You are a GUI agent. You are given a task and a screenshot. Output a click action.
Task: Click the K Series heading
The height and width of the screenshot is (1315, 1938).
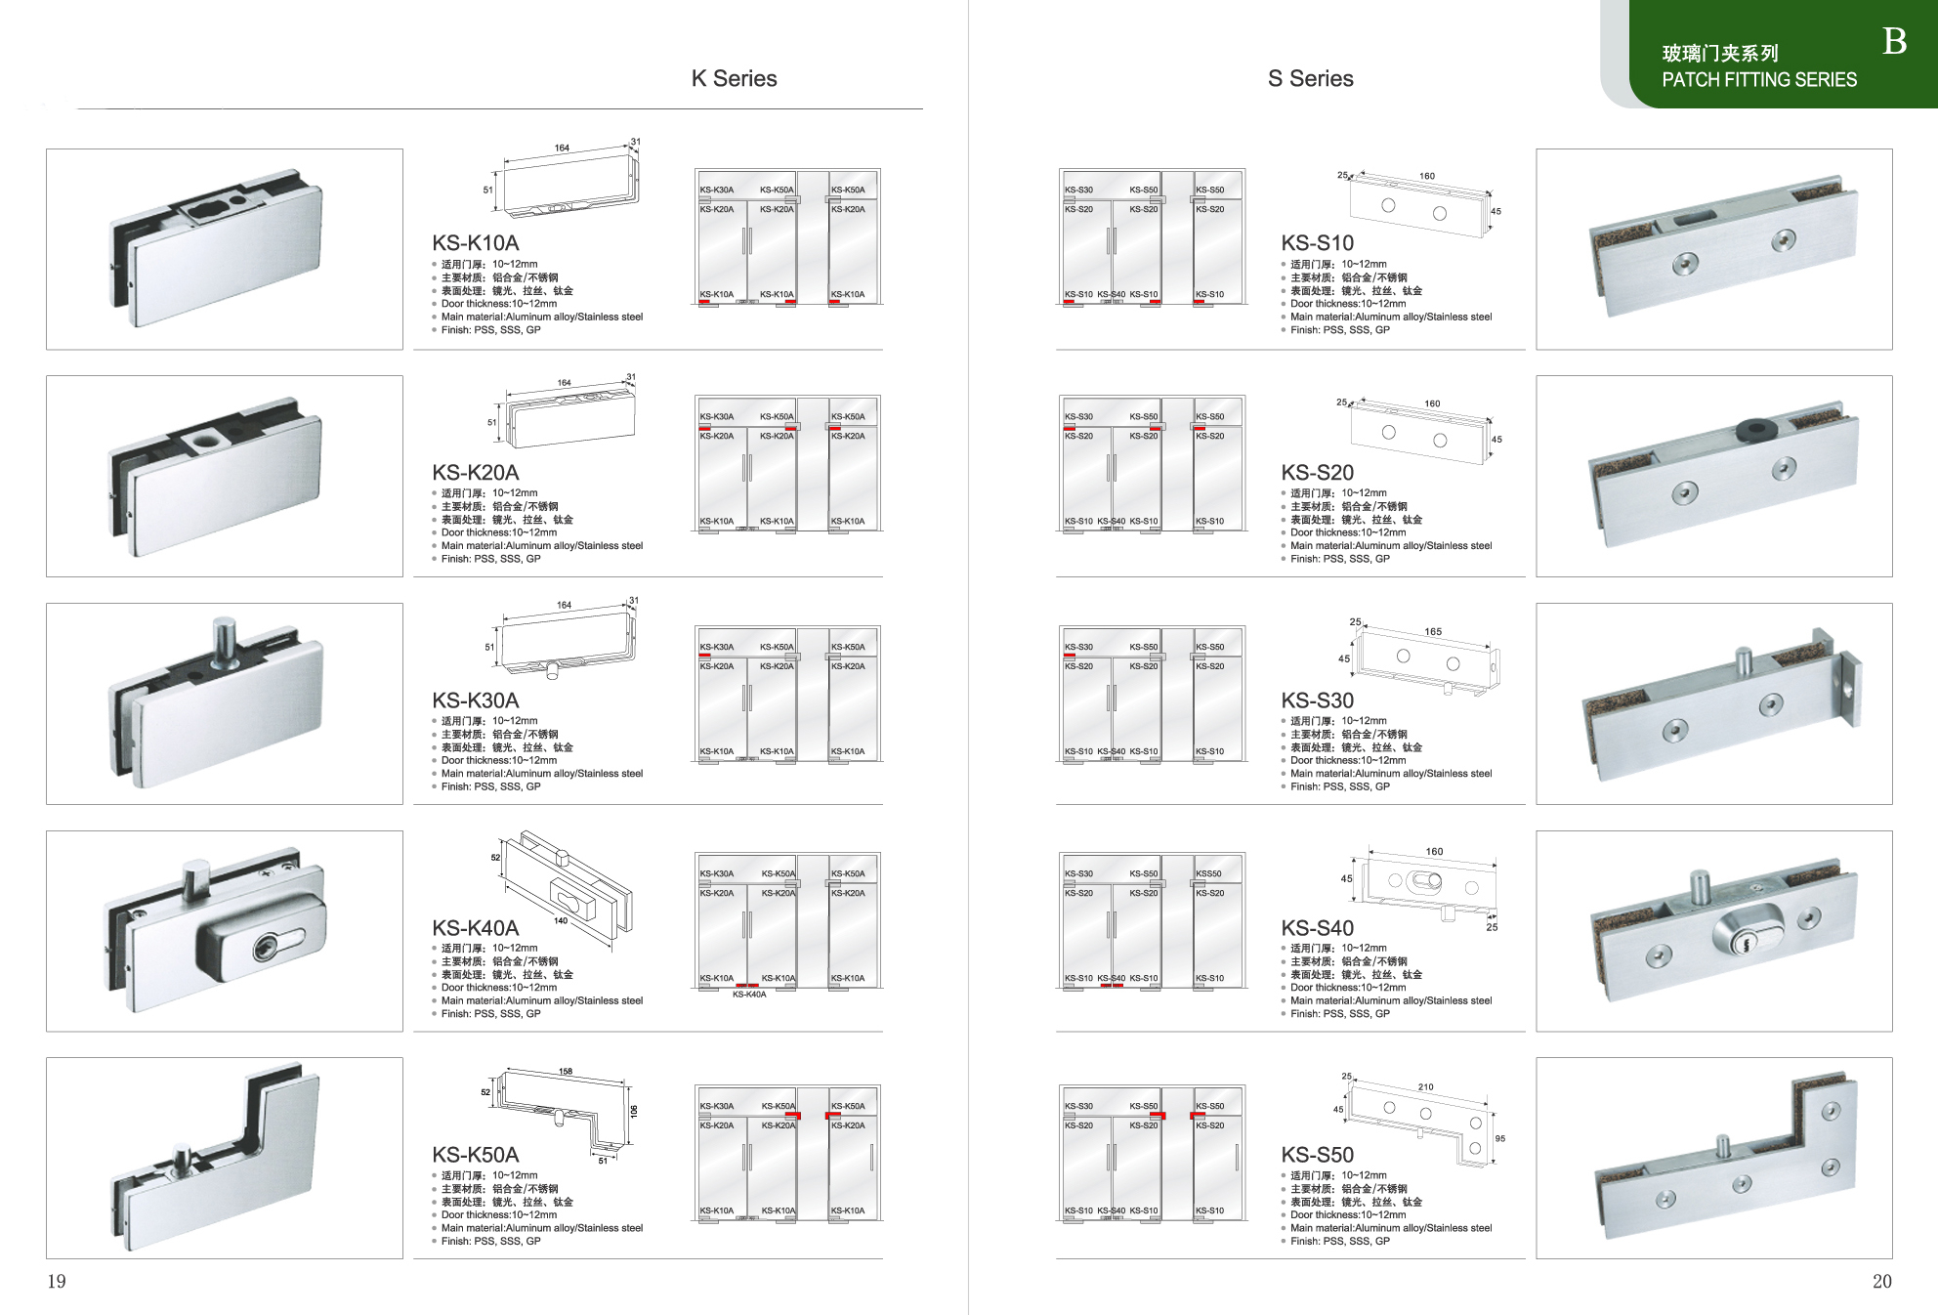734,79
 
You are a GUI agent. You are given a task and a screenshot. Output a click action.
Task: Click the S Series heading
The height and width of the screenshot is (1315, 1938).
1310,79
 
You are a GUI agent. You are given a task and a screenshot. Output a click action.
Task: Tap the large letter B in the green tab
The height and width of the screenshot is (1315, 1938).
1894,41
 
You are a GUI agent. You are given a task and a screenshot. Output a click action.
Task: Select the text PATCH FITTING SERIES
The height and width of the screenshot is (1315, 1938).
1758,80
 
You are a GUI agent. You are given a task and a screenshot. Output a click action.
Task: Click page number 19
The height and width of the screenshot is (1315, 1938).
57,1281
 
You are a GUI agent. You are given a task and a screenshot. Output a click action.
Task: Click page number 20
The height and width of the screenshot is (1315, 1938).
1881,1281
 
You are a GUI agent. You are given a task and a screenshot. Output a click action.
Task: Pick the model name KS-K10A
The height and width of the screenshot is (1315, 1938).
476,243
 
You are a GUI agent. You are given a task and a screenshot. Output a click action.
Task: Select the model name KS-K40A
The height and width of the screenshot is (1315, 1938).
476,928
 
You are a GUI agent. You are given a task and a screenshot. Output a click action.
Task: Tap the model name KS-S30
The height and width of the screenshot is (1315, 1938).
1317,700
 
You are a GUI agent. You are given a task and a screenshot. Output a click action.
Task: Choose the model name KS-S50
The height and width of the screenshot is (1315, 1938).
1317,1155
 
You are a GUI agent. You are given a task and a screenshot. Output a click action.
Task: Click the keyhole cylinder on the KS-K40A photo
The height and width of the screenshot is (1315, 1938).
266,946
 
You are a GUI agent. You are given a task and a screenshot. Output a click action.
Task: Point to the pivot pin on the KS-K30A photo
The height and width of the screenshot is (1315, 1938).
224,638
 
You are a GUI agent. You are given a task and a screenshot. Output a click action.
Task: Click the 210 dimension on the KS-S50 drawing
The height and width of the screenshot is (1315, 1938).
1426,1086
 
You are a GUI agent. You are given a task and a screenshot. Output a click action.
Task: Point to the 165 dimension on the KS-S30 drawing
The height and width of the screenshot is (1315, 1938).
1433,632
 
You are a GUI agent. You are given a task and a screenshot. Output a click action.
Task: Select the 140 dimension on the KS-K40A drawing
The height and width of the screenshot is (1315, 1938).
561,921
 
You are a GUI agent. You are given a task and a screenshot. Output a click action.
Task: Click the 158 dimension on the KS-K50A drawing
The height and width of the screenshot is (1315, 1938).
566,1072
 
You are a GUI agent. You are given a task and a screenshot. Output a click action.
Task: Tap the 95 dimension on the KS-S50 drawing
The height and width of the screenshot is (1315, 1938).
1500,1139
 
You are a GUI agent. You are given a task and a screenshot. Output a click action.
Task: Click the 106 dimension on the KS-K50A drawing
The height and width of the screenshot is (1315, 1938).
633,1112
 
